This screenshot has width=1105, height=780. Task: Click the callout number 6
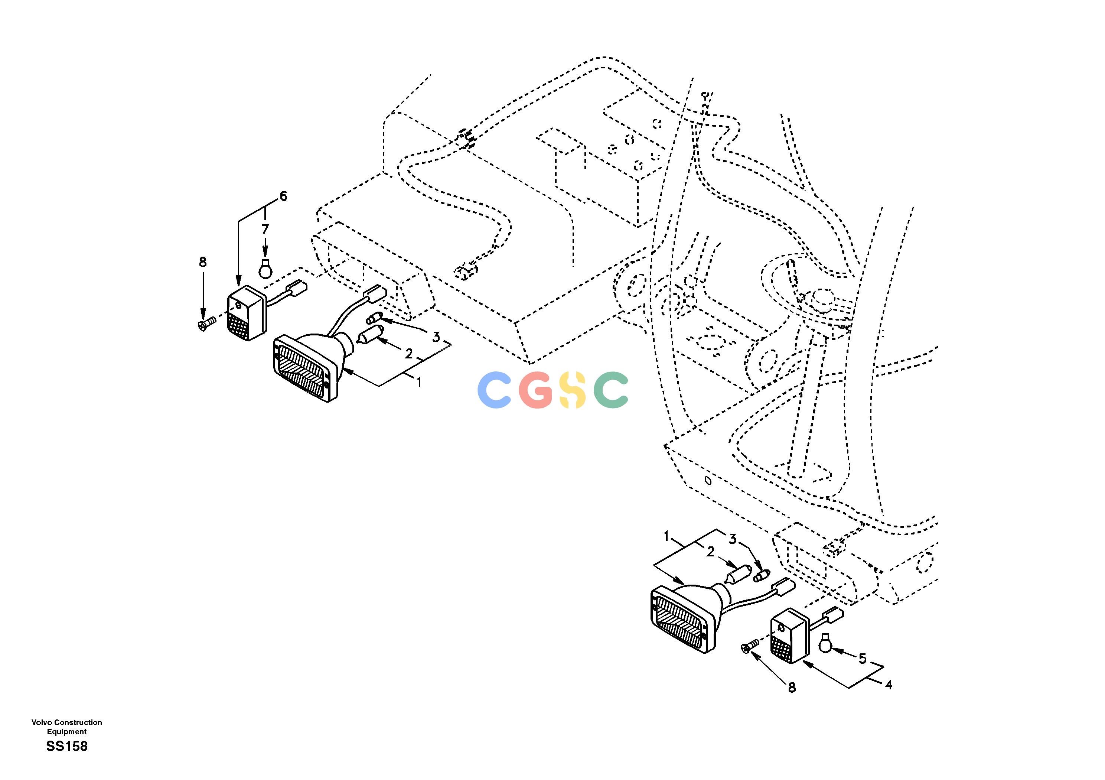pos(283,196)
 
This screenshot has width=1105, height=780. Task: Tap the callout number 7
pos(265,229)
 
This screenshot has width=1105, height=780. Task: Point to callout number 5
pos(863,658)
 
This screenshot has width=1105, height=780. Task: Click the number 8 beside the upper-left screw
pos(203,262)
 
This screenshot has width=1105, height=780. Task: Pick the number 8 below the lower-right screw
pos(792,688)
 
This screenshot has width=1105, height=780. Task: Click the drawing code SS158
pos(67,746)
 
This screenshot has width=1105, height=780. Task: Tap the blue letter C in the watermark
pos(495,390)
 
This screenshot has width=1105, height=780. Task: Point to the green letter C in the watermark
pos(611,390)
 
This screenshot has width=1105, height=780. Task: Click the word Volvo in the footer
pos(41,722)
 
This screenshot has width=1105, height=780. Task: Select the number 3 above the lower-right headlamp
pos(732,540)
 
